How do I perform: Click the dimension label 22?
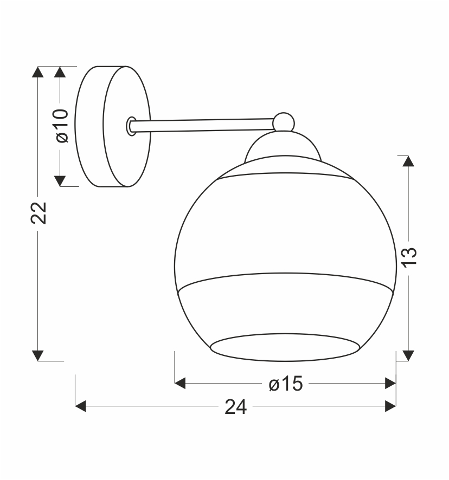tap(39, 213)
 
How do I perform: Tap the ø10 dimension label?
tap(62, 126)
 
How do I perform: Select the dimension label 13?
tap(409, 257)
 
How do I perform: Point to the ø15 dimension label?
tap(286, 383)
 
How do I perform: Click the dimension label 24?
tap(235, 407)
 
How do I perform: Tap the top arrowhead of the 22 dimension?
tap(38, 72)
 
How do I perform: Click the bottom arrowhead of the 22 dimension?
tap(38, 356)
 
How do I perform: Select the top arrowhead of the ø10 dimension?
tap(60, 72)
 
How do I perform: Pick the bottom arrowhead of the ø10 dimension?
tap(60, 181)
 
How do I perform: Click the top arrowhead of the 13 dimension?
tap(408, 161)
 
